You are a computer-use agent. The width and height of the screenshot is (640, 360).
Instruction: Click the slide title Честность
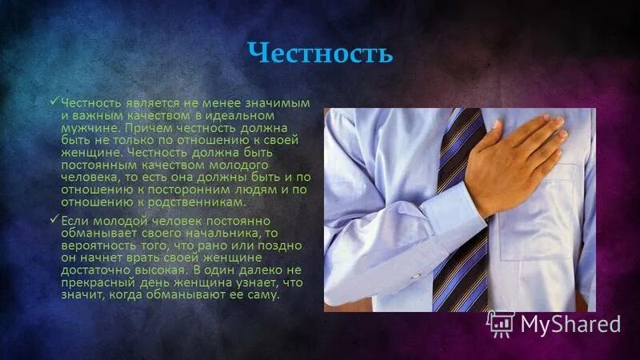320,54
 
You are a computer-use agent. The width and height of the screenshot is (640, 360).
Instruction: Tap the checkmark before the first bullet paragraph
54,102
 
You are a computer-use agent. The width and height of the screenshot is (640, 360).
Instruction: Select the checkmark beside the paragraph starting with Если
54,219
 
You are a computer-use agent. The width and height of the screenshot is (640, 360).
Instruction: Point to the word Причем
146,126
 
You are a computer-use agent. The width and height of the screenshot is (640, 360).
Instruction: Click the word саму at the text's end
263,294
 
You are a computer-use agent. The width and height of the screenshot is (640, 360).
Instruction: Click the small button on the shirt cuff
416,276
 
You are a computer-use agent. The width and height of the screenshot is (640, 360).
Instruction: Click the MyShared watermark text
570,323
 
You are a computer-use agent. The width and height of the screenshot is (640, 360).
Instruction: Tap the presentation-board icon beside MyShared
502,322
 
